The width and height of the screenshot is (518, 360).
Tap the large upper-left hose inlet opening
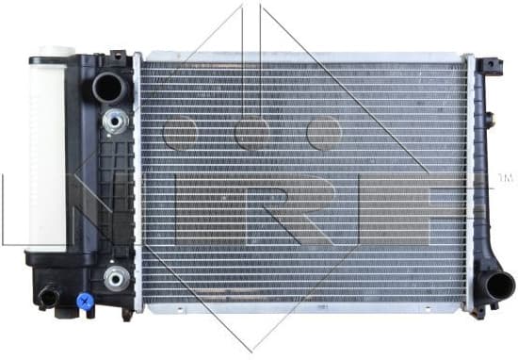pos(109,88)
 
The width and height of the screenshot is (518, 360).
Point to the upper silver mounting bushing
pos(116,121)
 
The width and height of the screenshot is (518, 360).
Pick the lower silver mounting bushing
pos(116,277)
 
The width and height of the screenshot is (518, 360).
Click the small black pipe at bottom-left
pos(47,298)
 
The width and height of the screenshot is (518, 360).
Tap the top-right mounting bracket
pos(492,67)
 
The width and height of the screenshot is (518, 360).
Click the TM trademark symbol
pos(504,177)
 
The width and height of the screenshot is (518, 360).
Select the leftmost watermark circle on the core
pos(180,133)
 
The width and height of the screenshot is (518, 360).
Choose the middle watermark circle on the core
pos(252,133)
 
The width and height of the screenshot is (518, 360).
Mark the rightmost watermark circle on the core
pos(323,133)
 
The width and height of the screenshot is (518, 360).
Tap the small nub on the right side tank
pos(491,120)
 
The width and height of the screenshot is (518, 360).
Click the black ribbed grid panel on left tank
pos(119,188)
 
